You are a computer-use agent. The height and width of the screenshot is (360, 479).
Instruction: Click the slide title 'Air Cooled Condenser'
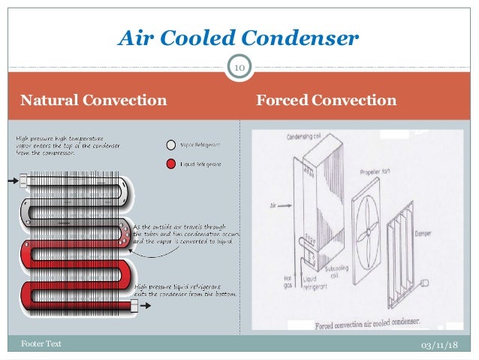(x=239, y=37)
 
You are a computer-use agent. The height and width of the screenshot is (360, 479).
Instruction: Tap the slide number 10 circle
(x=239, y=69)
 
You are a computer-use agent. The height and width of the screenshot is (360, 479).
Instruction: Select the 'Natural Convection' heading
(x=93, y=100)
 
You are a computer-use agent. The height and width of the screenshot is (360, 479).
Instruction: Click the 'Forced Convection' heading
(x=326, y=100)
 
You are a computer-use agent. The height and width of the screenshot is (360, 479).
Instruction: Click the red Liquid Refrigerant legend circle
(x=171, y=164)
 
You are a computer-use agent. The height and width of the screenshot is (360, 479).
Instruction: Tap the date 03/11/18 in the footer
(x=441, y=343)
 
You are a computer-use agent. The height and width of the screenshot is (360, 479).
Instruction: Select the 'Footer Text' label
(x=41, y=343)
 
